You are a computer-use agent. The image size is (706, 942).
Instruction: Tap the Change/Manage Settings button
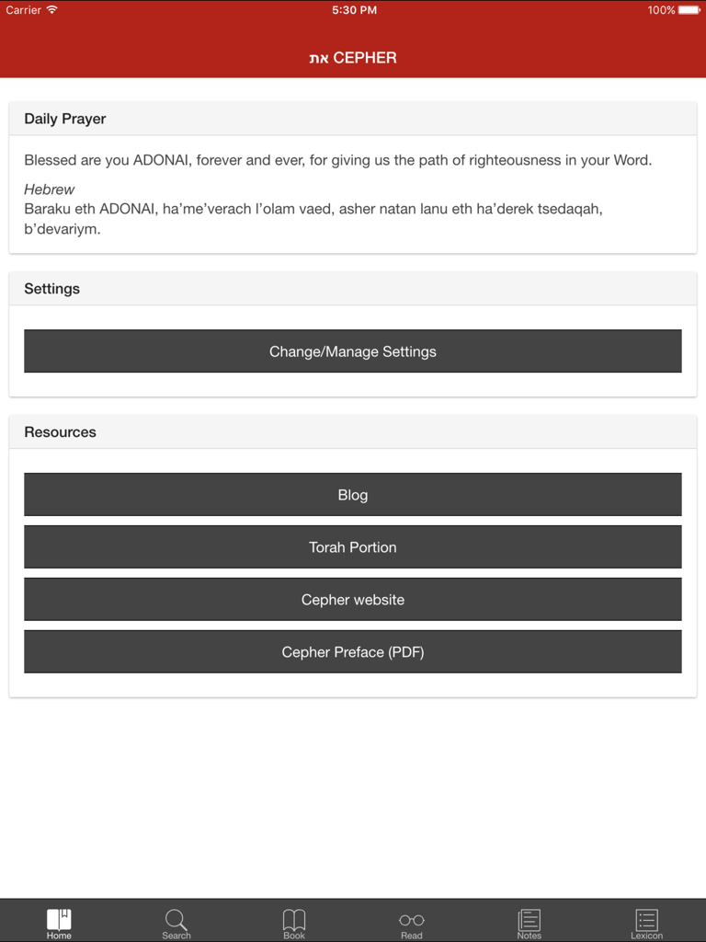353,351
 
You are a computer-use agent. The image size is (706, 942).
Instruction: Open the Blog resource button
353,495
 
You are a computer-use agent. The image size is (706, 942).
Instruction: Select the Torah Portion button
353,547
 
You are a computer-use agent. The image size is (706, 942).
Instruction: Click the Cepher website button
353,600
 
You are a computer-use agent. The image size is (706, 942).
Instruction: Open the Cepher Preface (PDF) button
353,652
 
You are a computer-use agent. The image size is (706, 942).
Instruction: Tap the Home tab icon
59,920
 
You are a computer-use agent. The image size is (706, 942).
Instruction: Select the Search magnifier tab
176,920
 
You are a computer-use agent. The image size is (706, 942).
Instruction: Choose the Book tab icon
294,920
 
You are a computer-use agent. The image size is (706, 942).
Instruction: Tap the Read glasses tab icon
412,920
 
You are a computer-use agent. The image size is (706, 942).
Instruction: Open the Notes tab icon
529,920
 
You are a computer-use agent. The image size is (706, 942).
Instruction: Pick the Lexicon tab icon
646,920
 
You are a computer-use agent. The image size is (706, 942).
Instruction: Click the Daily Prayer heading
65,119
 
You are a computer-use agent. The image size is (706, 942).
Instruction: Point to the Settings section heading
52,289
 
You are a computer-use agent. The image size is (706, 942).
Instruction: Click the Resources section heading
61,432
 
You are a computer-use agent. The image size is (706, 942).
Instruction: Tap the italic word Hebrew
50,190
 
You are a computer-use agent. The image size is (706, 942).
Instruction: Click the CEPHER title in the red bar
364,58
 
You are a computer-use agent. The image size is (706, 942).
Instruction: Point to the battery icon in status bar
689,10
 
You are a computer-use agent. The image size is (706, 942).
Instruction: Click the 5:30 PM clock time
354,10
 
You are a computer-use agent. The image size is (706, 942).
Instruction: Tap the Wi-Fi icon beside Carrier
52,10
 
